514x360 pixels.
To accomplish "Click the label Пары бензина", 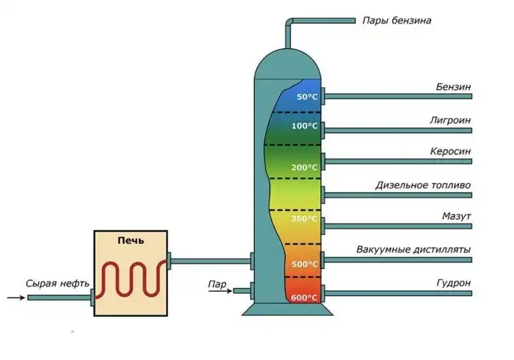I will [x=396, y=21].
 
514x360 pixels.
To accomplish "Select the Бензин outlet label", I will [x=453, y=87].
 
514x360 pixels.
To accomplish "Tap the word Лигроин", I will [x=450, y=119].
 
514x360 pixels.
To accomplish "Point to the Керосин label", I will [x=450, y=151].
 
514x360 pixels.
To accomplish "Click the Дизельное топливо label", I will [x=423, y=184].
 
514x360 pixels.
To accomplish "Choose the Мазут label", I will [x=456, y=217].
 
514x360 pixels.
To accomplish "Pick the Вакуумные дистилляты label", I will [x=413, y=250].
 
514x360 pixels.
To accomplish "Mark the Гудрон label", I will [x=454, y=283].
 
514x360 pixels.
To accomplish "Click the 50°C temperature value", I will [x=307, y=97].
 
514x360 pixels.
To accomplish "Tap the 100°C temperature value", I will [x=305, y=126].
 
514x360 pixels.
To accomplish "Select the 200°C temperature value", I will [x=305, y=168].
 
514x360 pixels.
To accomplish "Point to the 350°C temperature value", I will [x=305, y=219].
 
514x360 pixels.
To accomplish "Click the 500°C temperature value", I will [x=305, y=264].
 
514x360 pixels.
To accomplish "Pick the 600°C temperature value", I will [x=305, y=298].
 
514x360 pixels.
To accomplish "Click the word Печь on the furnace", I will [x=131, y=240].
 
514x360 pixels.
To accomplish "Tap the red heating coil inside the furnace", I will [x=131, y=278].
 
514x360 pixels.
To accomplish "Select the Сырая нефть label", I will [x=57, y=282].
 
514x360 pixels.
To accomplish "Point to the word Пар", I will [x=217, y=281].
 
